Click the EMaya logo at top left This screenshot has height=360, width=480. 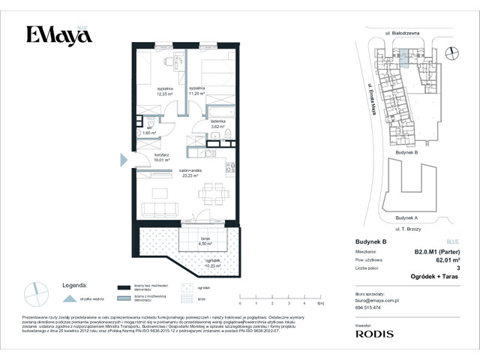pos(54,36)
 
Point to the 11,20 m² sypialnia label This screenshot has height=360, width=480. pos(196,91)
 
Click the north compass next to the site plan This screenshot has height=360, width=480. pos(450,52)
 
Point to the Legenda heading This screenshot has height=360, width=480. pos(73,286)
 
